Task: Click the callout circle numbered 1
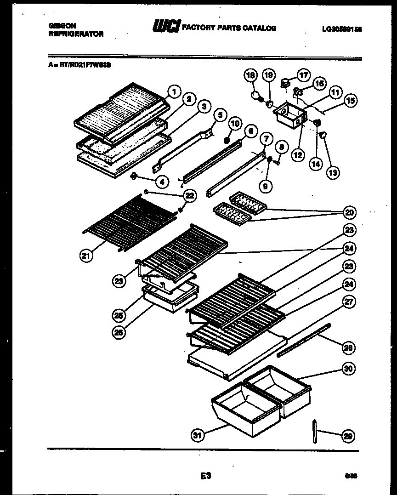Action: pos(173,91)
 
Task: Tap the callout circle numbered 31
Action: pos(197,435)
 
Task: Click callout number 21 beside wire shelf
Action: pos(86,256)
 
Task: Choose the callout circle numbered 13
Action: pos(332,173)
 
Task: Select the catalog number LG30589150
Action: pos(342,29)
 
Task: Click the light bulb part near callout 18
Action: pos(255,96)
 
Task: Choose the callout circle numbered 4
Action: pos(161,182)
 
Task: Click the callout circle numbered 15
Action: pos(351,100)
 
